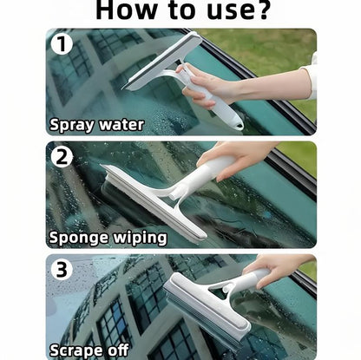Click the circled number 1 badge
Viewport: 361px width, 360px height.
62,43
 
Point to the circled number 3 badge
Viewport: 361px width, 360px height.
62,270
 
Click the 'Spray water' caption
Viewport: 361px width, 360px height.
97,123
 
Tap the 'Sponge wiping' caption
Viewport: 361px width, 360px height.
107,236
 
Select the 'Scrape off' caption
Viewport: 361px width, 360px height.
90,350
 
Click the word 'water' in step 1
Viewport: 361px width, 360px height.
121,123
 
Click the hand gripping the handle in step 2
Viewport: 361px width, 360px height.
227,157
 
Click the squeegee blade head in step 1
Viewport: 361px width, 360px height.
163,61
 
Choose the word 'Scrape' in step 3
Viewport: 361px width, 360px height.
78,350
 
